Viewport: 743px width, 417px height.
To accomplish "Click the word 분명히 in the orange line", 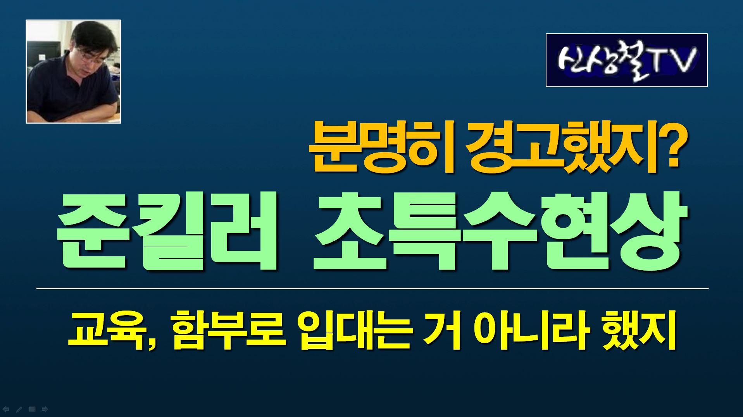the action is (381, 148).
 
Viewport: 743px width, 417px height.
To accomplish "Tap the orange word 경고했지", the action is (560, 148).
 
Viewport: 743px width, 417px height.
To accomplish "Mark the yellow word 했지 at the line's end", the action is (640, 331).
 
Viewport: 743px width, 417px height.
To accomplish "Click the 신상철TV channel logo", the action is (627, 60).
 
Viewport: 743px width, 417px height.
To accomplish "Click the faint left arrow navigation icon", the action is (6, 409).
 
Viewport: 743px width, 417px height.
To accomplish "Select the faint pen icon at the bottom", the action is (19, 409).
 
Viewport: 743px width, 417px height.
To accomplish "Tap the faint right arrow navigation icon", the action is (45, 409).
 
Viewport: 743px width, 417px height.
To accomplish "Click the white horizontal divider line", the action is (372, 288).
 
